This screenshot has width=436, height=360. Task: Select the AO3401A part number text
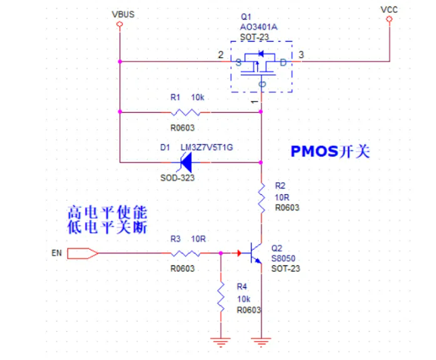coord(259,27)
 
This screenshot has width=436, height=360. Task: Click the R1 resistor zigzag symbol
coord(187,112)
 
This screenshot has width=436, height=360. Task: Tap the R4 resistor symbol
coord(220,297)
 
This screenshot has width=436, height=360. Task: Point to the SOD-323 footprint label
coord(177,178)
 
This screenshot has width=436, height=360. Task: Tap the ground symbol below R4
coord(220,342)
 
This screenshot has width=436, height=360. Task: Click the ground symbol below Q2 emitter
coord(261,342)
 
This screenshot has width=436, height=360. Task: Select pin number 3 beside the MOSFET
coord(302,54)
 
